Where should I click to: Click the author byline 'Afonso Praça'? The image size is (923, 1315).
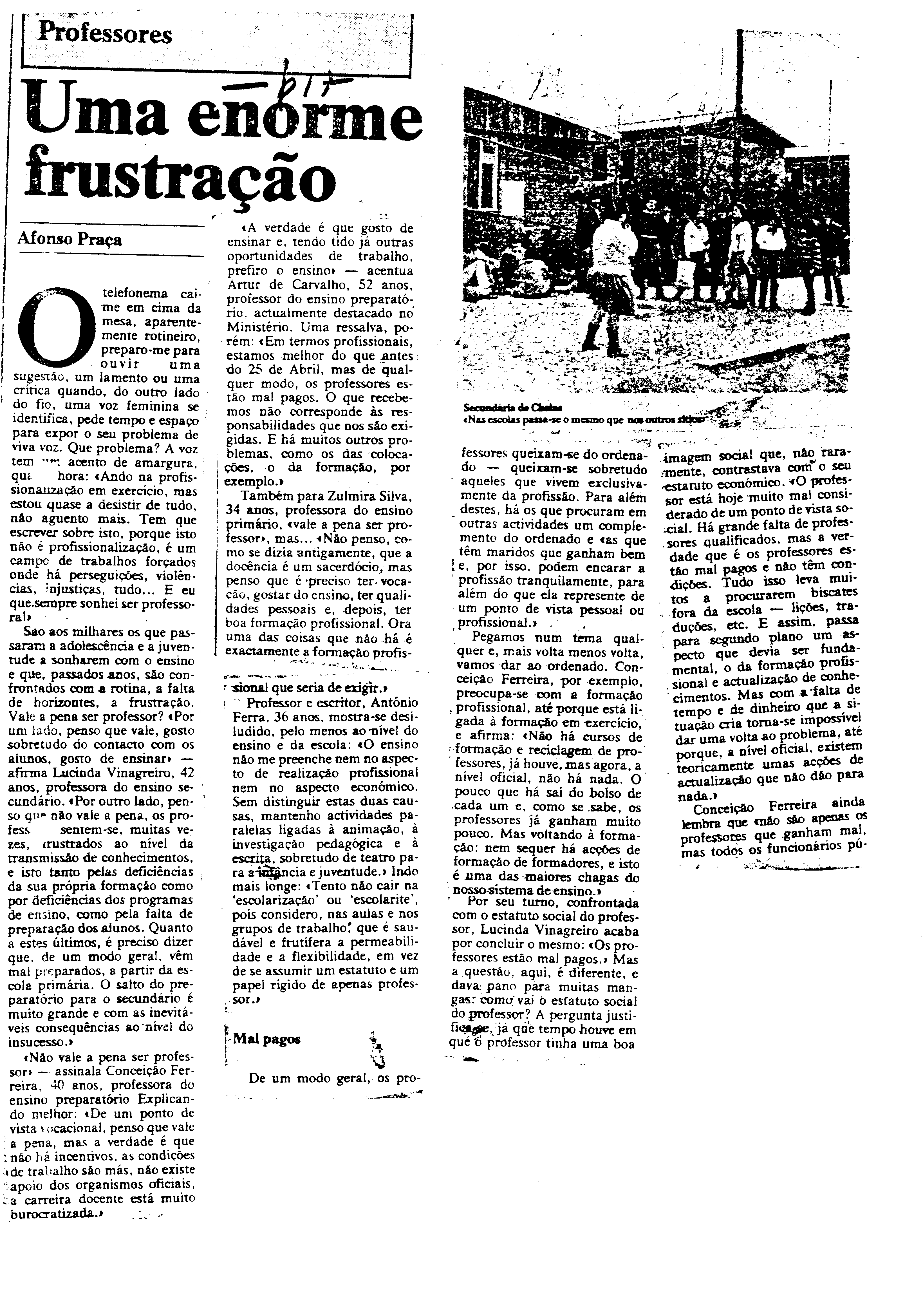click(70, 239)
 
